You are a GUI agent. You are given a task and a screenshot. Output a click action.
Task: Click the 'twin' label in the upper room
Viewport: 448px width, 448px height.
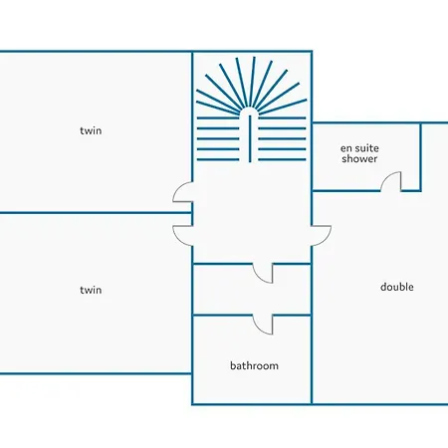coord(91,130)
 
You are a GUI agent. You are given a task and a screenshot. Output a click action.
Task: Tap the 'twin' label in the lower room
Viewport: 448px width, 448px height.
coord(91,290)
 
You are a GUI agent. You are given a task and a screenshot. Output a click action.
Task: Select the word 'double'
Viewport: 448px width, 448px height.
coord(397,287)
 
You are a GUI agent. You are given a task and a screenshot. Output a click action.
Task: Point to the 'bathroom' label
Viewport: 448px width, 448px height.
coord(254,365)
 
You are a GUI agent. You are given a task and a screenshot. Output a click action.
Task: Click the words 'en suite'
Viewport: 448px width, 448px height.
coord(359,148)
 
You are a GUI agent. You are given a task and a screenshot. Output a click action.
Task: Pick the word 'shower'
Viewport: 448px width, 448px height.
coord(359,158)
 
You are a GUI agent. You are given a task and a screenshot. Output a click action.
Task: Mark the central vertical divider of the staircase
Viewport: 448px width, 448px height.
coord(250,138)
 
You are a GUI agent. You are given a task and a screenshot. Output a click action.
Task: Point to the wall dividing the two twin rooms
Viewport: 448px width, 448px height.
coord(96,212)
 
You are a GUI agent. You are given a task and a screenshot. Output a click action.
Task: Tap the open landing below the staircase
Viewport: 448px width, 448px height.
coord(252,212)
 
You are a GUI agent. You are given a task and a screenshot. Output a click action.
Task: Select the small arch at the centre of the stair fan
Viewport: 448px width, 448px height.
coord(250,111)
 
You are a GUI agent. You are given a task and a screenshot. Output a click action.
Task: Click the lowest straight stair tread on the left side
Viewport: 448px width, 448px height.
coord(218,159)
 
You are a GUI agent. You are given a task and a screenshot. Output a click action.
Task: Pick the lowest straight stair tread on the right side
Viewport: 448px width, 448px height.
coord(282,159)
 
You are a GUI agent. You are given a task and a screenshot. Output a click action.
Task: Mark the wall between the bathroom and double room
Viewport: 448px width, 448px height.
coord(312,359)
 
